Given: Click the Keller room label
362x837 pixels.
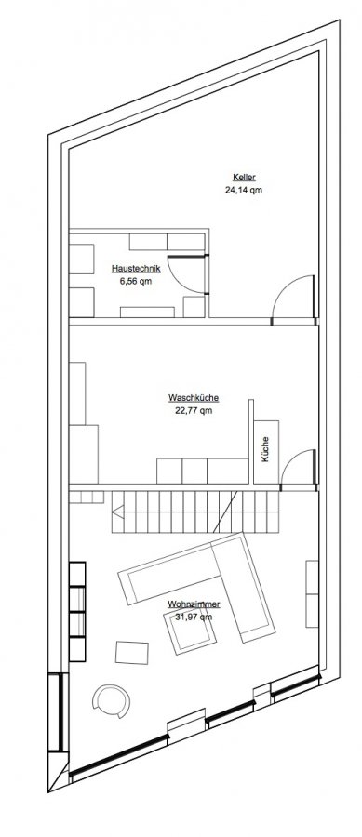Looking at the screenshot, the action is coord(244,178).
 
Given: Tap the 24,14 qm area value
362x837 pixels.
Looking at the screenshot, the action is coord(244,190).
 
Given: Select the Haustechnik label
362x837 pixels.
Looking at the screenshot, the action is coord(136,269).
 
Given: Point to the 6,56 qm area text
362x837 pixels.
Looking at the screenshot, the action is coord(136,281).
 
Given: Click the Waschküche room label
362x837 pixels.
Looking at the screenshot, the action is coord(194,398).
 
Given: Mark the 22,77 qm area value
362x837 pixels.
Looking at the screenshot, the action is coord(194,410).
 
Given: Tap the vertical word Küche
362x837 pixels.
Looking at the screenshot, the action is coord(266,449).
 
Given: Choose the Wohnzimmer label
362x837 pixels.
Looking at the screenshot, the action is coord(194,604).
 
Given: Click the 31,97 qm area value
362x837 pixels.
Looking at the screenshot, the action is coord(194,617).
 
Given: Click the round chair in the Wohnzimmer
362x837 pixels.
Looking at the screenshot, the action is coord(111,701).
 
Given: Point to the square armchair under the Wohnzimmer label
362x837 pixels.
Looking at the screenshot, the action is coord(190,631).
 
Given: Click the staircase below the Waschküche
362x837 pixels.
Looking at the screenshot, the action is coord(195,511).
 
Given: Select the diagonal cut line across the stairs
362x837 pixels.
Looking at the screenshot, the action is coord(225,511).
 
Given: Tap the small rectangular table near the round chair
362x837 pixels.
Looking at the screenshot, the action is coord(132,653).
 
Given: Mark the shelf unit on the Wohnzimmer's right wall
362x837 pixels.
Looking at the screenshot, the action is coord(312,593).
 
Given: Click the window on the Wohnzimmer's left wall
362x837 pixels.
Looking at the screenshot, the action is coord(56,712).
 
